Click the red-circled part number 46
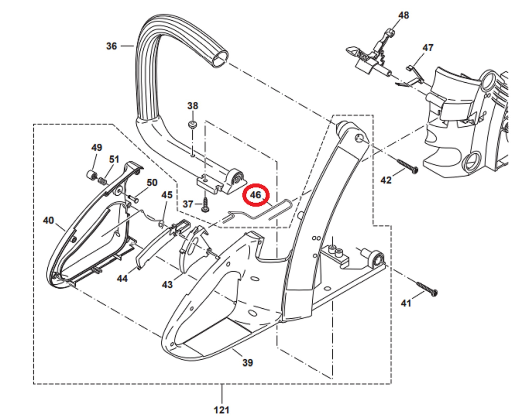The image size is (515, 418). click(256, 195)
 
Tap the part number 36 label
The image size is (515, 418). click(111, 46)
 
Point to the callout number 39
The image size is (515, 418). click(248, 363)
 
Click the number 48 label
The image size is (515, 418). click(404, 15)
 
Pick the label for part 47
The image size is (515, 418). click(428, 48)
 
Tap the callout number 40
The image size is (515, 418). click(48, 220)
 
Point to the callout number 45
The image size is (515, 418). click(167, 195)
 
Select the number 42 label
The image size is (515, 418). click(386, 180)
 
